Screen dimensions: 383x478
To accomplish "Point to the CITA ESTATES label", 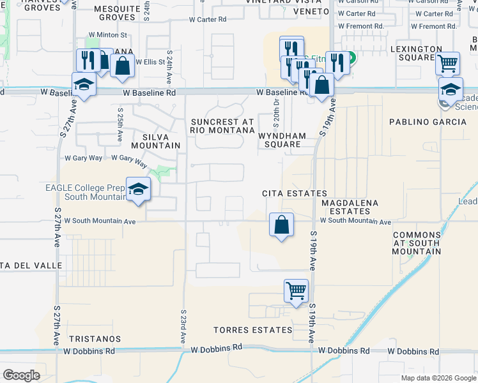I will (x=295, y=193).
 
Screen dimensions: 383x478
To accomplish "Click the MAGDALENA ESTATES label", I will (x=350, y=207).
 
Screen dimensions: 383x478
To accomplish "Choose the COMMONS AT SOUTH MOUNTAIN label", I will (x=417, y=243).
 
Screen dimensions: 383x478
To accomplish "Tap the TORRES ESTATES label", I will (x=253, y=330).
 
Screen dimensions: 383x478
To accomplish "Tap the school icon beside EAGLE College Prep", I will (x=137, y=189).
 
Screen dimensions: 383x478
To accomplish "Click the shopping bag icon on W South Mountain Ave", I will (x=281, y=225).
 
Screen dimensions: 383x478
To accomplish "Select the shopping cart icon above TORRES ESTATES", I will (x=296, y=291).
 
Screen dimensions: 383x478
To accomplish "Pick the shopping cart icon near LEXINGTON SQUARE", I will (x=448, y=64).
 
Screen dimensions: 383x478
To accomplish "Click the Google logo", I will (x=21, y=375).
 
